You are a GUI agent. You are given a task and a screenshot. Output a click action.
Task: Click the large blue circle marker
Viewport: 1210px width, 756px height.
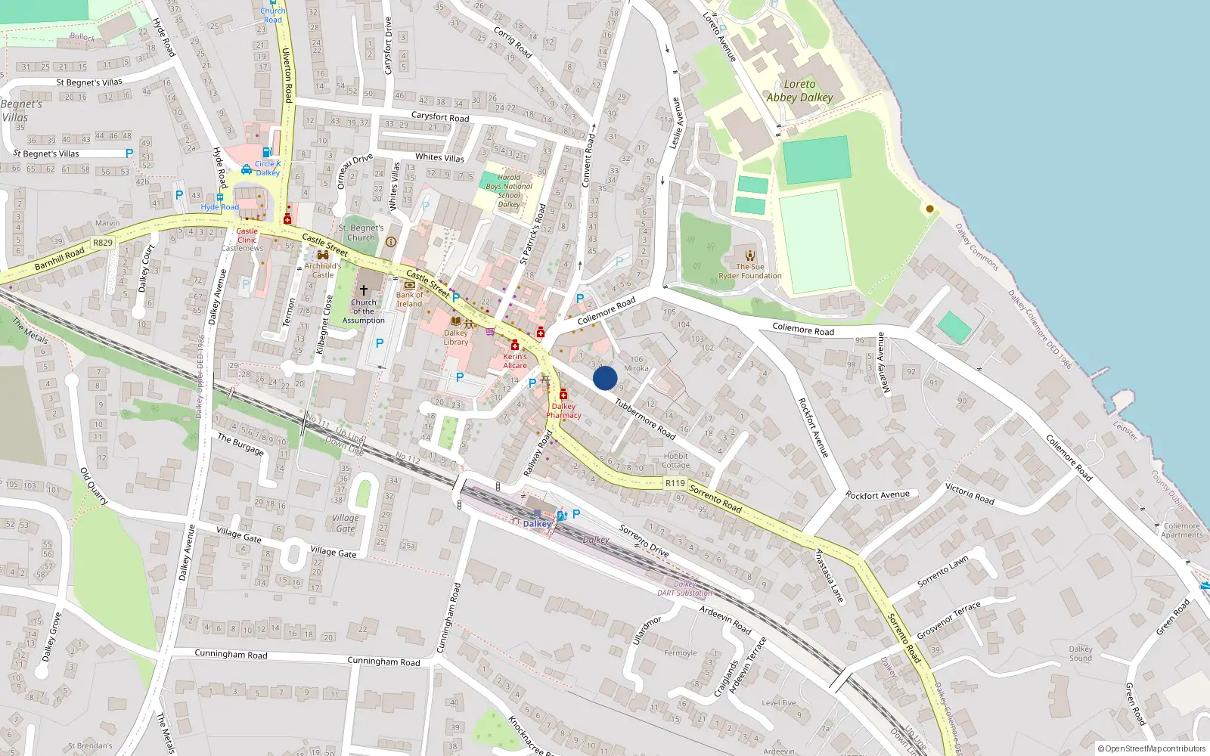pos(605,378)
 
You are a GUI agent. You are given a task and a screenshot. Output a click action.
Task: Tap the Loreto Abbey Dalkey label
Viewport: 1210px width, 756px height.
pos(799,91)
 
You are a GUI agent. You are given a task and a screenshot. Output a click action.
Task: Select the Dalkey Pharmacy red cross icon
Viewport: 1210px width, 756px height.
pos(563,395)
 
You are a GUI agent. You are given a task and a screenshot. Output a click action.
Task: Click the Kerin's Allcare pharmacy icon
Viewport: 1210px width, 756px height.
pos(515,345)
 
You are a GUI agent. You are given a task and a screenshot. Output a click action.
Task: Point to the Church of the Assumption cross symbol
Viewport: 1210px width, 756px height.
pos(364,290)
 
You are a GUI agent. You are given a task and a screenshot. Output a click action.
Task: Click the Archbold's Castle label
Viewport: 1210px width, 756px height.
pos(323,270)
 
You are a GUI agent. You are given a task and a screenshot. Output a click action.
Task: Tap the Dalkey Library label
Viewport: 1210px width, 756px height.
pos(456,337)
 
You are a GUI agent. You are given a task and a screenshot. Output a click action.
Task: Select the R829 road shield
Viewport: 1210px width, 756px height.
pos(102,243)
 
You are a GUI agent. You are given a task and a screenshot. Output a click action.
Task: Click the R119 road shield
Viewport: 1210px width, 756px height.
pos(675,483)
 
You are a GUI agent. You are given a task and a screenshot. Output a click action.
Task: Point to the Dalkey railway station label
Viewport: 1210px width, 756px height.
pos(537,524)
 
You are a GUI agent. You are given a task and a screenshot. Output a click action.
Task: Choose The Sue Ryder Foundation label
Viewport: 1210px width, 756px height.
pos(750,271)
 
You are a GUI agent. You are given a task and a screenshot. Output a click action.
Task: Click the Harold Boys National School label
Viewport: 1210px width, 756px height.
pos(509,191)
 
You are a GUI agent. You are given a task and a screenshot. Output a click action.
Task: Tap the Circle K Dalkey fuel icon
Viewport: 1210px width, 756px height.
pos(267,152)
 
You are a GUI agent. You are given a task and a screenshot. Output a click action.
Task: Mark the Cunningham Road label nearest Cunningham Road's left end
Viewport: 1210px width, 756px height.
pos(231,654)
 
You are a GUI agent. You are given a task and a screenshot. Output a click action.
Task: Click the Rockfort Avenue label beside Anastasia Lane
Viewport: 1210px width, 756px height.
pos(878,495)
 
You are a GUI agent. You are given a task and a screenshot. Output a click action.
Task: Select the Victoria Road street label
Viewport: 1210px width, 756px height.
pos(970,494)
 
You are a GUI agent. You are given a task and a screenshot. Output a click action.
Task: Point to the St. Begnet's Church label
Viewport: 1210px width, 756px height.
pos(361,232)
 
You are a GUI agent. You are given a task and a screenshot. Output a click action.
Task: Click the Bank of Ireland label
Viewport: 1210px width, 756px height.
pos(409,299)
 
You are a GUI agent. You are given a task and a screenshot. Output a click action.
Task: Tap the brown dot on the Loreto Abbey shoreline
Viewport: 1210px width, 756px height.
pos(929,209)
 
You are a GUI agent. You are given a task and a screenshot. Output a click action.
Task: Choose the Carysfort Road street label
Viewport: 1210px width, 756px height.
pos(440,117)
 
